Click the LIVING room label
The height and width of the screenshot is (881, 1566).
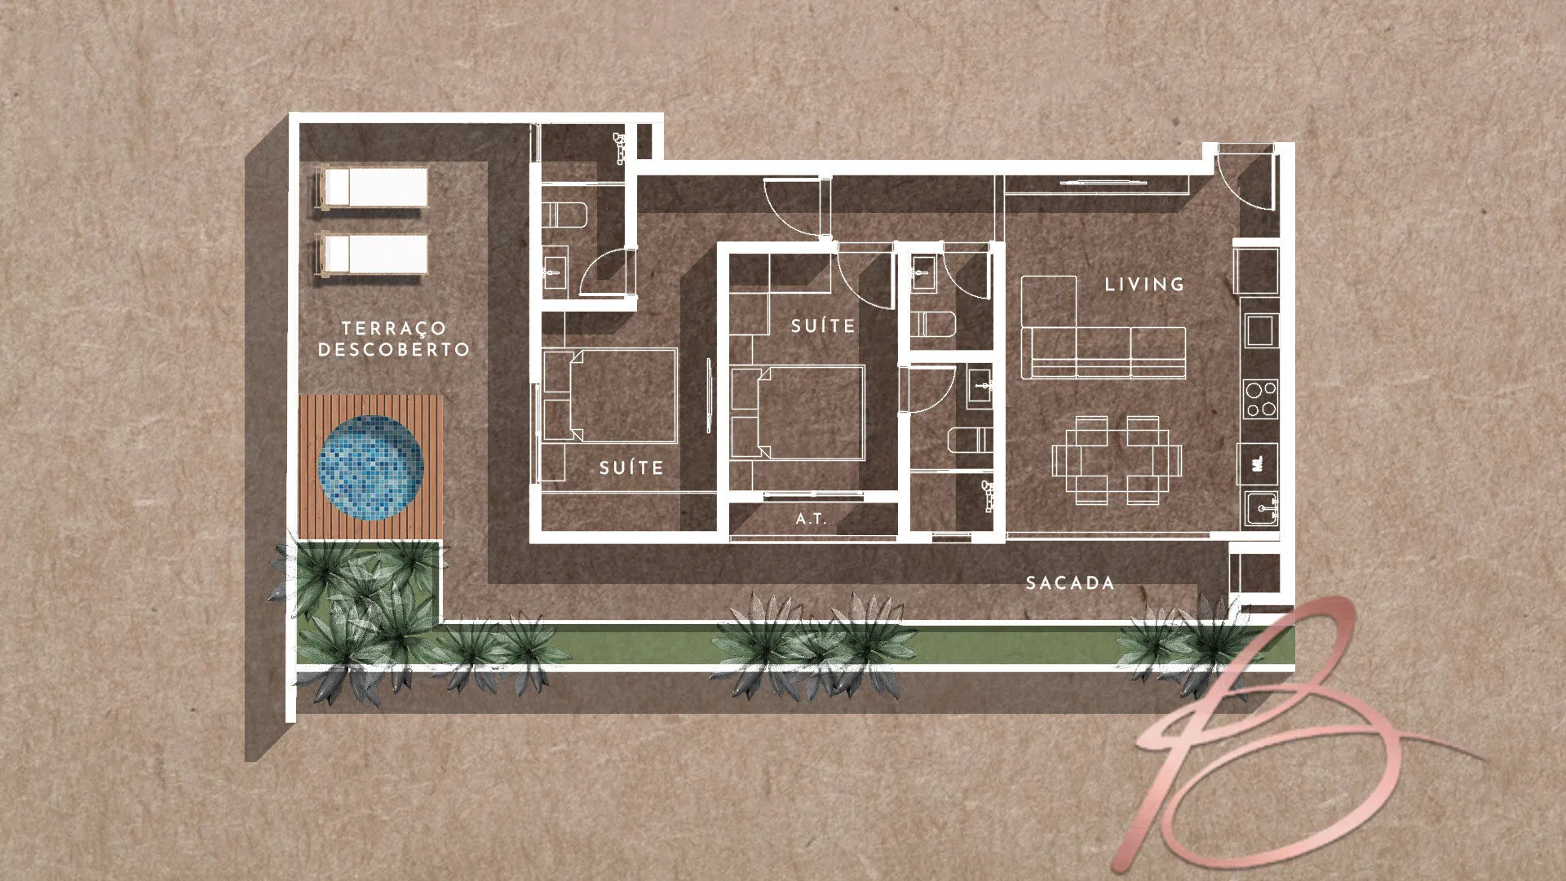(x=1144, y=285)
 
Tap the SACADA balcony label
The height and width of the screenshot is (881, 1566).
(x=1070, y=582)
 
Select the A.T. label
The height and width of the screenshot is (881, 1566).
(x=811, y=518)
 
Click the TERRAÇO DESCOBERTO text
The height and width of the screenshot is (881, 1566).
(x=394, y=339)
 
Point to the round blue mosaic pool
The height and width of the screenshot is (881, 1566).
(x=371, y=469)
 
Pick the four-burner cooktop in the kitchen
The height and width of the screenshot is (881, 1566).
(x=1261, y=399)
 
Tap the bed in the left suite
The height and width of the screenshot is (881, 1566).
(x=610, y=396)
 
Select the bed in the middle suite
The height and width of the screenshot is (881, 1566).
(x=797, y=414)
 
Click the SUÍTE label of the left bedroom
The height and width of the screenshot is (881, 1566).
(x=631, y=467)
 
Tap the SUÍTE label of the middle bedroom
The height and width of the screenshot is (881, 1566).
(x=823, y=326)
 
